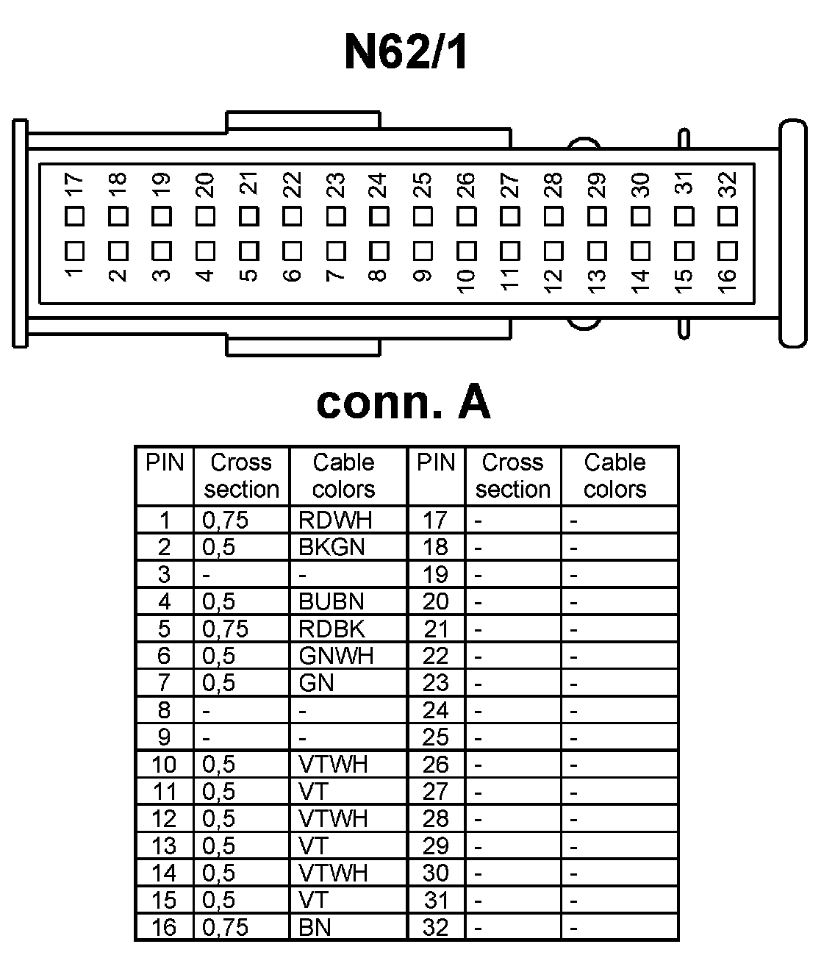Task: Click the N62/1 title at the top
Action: tap(406, 51)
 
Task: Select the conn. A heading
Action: tap(403, 402)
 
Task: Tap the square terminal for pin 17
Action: tap(74, 217)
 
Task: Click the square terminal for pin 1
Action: tap(74, 251)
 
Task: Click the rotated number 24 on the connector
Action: tap(379, 185)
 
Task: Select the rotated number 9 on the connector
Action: tap(423, 276)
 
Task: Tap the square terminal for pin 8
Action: tap(379, 251)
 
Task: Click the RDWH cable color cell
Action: tap(335, 521)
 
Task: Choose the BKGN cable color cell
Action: tap(332, 548)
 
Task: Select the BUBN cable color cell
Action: tap(332, 602)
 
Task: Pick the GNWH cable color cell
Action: tap(336, 656)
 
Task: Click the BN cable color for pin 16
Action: tap(315, 928)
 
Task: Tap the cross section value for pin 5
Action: tap(226, 629)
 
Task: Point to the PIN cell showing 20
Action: tap(435, 602)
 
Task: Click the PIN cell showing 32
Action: tap(435, 928)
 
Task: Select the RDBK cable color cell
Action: tap(332, 629)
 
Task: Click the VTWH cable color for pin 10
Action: tap(333, 765)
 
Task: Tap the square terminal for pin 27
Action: tap(509, 217)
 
